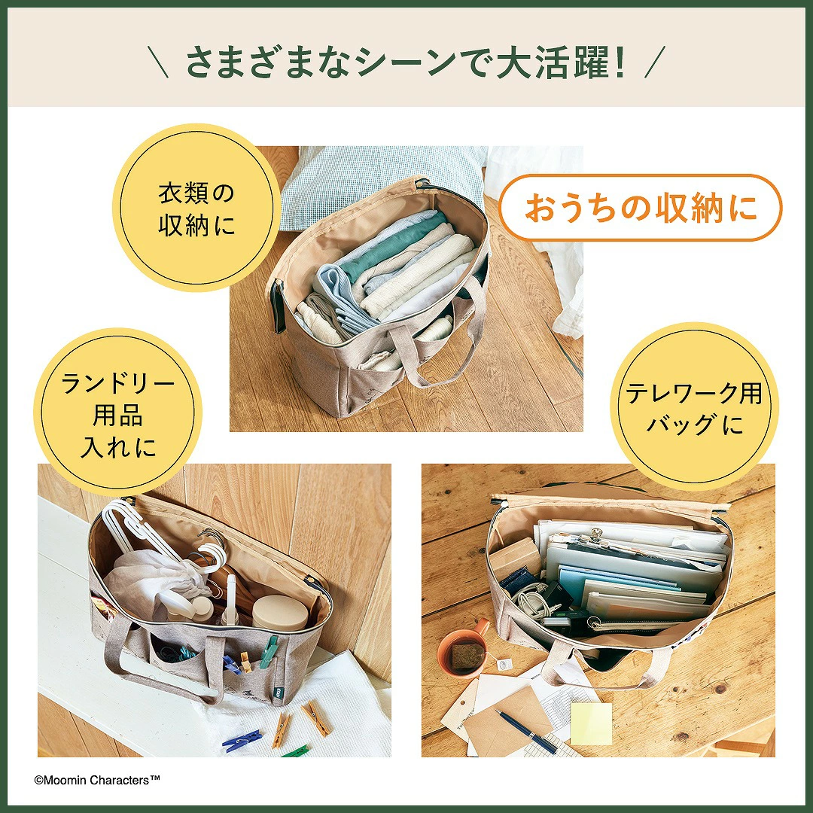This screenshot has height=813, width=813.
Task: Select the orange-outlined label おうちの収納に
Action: tap(641, 208)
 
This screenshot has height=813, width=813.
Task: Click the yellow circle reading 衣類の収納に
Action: tap(196, 209)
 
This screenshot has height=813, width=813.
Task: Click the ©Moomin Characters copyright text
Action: tap(97, 780)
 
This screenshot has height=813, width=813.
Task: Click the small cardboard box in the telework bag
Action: tap(514, 557)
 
